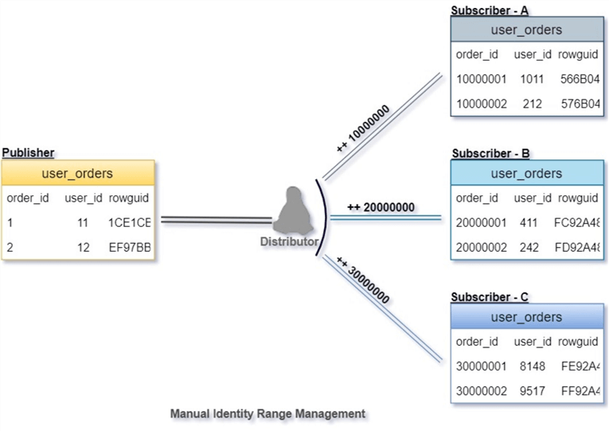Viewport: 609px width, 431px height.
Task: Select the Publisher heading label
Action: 29,152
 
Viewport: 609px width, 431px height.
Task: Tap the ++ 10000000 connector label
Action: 362,127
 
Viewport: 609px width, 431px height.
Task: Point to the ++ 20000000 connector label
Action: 381,207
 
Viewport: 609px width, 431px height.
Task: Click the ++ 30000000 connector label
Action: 363,281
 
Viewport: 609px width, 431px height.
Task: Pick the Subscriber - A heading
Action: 490,10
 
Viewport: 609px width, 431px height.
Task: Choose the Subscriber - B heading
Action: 490,153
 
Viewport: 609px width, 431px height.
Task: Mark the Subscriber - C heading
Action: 490,297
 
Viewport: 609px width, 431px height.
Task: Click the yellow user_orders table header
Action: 76,173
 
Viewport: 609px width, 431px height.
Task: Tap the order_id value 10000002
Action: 480,104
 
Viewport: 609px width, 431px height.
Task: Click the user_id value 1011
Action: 531,80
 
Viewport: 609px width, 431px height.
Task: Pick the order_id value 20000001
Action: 481,224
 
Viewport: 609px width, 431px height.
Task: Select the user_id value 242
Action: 532,248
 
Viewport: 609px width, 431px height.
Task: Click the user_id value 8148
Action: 532,367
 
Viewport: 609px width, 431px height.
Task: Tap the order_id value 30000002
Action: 481,391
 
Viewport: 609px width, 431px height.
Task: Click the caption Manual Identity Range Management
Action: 267,413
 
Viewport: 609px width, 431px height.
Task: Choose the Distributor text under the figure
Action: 290,241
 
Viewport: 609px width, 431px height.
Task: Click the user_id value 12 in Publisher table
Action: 83,248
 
